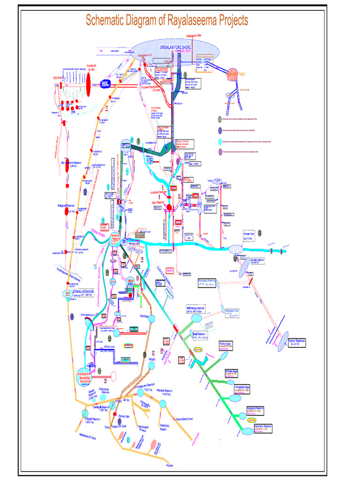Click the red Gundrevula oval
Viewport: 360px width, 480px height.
(x=88, y=84)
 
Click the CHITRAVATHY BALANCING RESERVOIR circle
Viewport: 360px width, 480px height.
(x=89, y=373)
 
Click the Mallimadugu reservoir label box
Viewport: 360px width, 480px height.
(x=201, y=310)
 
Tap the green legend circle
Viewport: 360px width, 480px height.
(x=220, y=120)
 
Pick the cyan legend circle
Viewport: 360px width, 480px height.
(x=220, y=141)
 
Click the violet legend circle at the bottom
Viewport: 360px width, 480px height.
(x=220, y=151)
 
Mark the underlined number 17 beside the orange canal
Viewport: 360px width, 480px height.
(x=106, y=108)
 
